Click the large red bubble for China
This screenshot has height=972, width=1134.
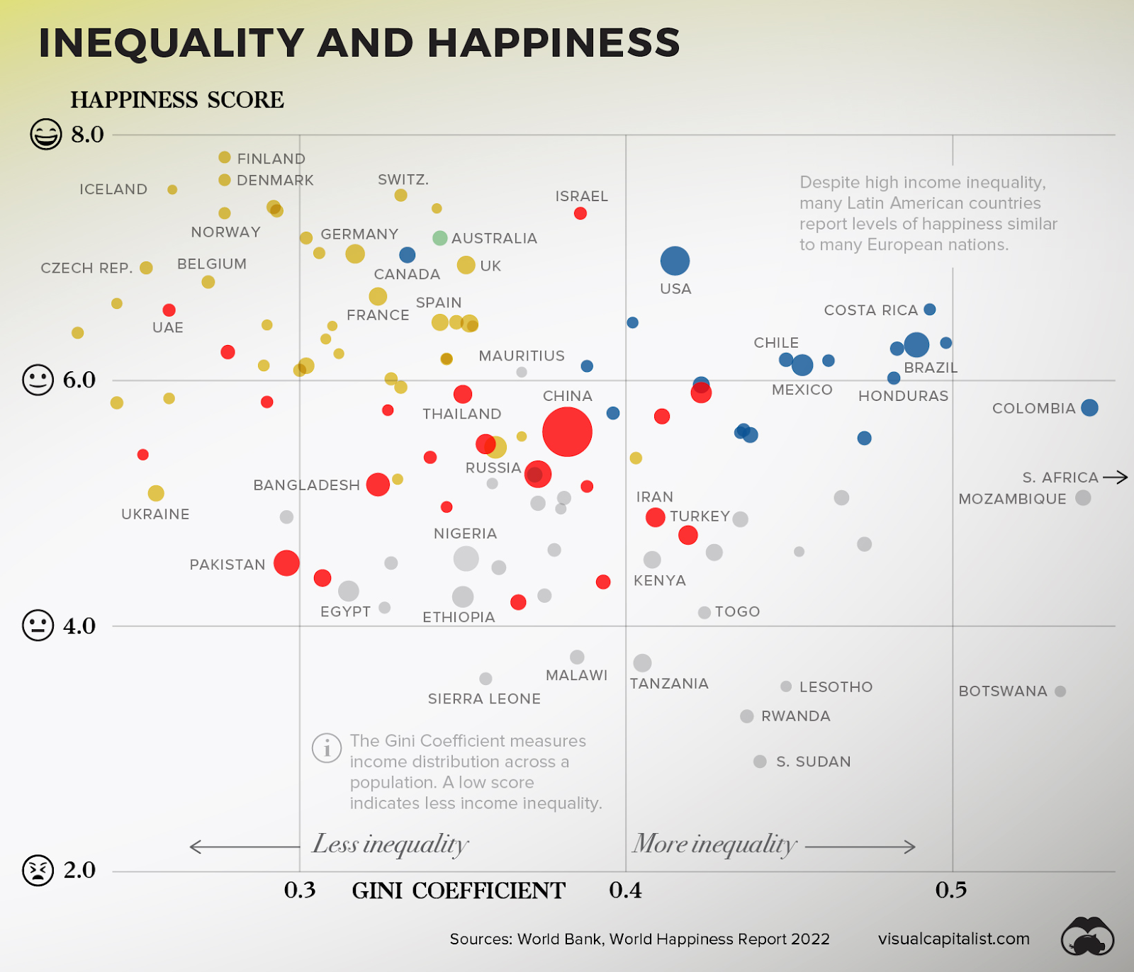click(x=567, y=432)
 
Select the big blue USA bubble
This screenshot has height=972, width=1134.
click(x=675, y=261)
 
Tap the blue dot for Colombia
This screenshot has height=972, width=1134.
click(x=1089, y=407)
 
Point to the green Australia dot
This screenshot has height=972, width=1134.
click(x=440, y=238)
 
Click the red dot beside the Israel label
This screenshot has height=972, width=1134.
click(x=580, y=213)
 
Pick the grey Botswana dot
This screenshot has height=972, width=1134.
click(x=1060, y=691)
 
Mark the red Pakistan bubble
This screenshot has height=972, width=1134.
click(x=286, y=563)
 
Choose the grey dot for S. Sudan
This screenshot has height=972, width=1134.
click(x=760, y=762)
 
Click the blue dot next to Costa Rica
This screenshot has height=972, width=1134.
click(x=930, y=310)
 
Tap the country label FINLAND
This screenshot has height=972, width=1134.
click(x=271, y=159)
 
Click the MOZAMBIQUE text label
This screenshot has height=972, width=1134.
click(x=1012, y=499)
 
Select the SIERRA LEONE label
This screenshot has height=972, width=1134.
click(x=484, y=699)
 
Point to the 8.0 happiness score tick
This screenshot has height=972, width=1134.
click(x=87, y=134)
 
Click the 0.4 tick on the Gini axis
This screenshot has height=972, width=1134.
click(x=625, y=891)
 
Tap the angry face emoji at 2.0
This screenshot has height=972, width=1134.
click(x=38, y=870)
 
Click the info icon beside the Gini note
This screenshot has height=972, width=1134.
click(x=327, y=747)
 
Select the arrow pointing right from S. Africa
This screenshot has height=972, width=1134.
click(x=1116, y=477)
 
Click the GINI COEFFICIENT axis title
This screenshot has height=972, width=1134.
click(x=459, y=891)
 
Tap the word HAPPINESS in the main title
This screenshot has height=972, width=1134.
click(x=554, y=43)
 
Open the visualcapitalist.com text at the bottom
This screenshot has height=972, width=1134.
click(x=953, y=939)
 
